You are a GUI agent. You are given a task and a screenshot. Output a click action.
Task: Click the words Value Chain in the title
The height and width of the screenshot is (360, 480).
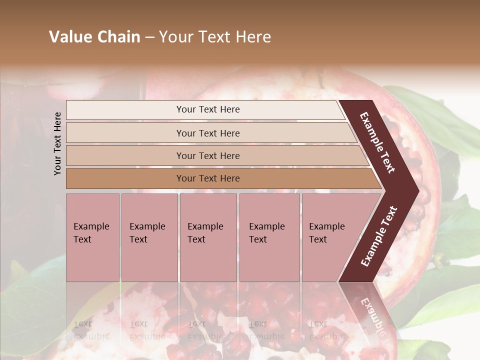94,37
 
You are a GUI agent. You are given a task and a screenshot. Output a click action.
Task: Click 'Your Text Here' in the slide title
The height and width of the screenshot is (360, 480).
215,37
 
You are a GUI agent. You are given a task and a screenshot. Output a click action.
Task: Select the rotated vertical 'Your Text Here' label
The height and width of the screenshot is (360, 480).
57,143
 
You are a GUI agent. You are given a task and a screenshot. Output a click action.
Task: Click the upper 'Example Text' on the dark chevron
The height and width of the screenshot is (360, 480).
377,143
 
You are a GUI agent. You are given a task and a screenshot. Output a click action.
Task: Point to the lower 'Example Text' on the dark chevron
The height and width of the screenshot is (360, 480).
379,236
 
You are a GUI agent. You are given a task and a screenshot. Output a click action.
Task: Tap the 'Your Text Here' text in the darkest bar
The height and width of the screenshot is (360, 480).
208,178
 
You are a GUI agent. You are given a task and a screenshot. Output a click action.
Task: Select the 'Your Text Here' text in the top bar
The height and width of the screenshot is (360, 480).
208,109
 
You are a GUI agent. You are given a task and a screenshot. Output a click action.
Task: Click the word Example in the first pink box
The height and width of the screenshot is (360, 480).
91,226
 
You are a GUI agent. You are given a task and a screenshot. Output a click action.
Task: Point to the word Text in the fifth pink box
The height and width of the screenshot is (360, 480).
318,239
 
